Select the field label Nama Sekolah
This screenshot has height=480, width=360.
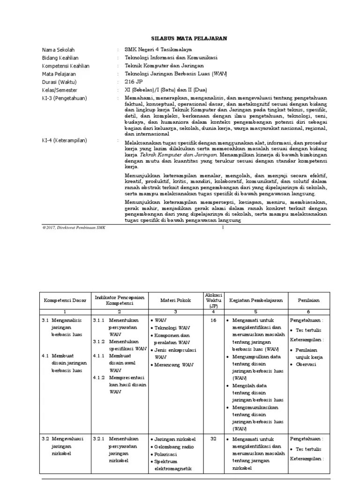click(58, 50)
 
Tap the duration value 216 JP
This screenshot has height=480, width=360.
click(134, 82)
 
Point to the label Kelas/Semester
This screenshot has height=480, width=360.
click(60, 90)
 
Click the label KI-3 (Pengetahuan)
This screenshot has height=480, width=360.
click(63, 98)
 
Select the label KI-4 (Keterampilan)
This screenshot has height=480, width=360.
click(64, 141)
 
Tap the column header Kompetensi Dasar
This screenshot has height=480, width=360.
click(65, 300)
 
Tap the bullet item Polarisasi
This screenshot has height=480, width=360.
click(167, 454)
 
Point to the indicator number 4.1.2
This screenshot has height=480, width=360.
click(99, 377)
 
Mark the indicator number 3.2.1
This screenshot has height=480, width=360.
click(99, 439)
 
